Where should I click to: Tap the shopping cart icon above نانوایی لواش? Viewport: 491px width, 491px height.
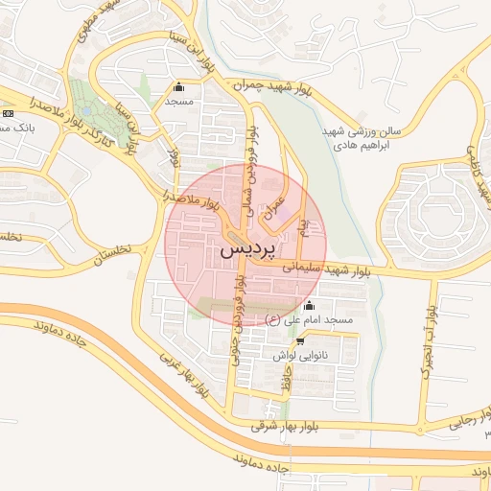[301, 340]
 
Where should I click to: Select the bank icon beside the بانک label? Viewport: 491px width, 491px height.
[8, 114]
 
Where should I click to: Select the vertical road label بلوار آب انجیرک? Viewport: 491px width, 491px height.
[432, 340]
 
